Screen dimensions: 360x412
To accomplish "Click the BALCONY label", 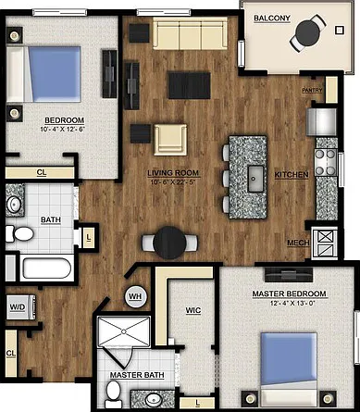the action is coord(272,19).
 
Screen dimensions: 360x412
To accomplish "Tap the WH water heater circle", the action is coord(135,296).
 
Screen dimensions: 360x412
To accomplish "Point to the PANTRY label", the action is coord(312,90).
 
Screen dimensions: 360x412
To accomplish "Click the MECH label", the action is coord(298,243).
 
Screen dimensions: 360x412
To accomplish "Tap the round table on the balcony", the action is coord(307,32).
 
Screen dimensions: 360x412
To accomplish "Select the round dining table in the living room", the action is coord(169,243).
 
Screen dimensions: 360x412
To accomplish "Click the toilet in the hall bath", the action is coord(19,233).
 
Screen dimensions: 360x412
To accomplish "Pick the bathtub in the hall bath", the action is coord(46,268).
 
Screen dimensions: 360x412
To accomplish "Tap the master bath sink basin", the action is coord(155,400).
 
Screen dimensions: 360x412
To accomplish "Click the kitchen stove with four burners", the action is coord(326,162).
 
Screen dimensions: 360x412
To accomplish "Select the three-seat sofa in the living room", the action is coord(190,33).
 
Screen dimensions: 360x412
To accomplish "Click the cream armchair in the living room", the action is coord(170,140).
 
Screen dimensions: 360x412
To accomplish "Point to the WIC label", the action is coord(193,310).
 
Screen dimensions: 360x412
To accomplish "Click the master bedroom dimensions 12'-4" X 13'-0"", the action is coord(292,304).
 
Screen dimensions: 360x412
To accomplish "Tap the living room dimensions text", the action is coord(173,182).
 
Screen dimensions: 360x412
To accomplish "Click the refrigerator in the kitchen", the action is coord(321,121).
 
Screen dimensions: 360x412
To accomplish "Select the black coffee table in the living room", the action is coord(190,85).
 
